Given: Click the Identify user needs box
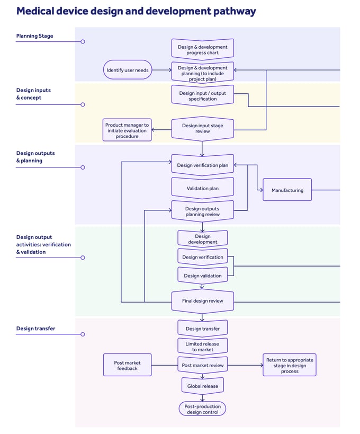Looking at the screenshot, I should tap(128, 70).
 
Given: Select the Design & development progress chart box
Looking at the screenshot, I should tap(202, 50).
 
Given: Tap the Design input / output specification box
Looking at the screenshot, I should tap(202, 96).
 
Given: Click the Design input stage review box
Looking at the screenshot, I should tap(202, 128).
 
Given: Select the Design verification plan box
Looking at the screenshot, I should tap(202, 165).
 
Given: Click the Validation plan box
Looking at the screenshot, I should tap(202, 188).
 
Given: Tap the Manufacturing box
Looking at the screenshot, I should tap(287, 190).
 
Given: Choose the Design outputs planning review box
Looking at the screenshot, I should tap(202, 211).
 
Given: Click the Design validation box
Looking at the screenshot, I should tap(202, 276).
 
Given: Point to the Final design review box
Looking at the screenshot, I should tap(202, 301).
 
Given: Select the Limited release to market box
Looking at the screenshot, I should tap(202, 347).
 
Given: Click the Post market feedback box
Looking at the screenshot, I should tap(127, 366).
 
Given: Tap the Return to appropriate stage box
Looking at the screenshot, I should tap(289, 366).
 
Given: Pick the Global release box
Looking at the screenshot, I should tap(202, 386).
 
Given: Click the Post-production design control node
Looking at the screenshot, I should tap(202, 409).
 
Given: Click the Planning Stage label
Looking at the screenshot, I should tap(34, 36).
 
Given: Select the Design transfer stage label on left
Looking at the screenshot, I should tap(35, 329).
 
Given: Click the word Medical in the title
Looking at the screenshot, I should tap(35, 11).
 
